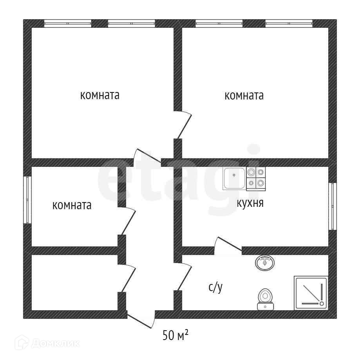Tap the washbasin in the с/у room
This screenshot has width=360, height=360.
click(266, 262)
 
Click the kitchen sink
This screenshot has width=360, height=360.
click(234, 178)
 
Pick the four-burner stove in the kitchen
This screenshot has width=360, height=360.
click(256, 178)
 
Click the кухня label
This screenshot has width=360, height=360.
click(250, 203)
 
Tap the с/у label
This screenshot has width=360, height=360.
click(215, 288)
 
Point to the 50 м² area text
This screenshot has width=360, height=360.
click(175, 335)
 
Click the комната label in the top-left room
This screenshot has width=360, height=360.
click(99, 95)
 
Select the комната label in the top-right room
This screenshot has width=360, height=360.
click(244, 96)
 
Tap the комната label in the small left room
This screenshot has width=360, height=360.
click(72, 205)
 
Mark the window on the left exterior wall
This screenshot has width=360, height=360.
click(27, 200)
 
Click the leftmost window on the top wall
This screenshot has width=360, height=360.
click(67, 24)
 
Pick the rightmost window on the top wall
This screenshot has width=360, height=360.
click(289, 24)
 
